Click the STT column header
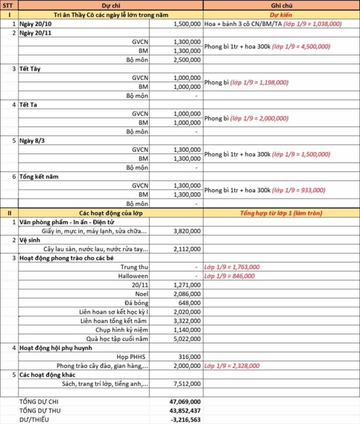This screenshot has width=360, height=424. pyautogui.click(x=10, y=5)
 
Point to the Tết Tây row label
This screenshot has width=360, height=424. pyautogui.click(x=33, y=69)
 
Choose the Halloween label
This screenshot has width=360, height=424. pyautogui.click(x=133, y=276)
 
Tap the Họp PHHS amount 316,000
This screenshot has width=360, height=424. pyautogui.click(x=188, y=357)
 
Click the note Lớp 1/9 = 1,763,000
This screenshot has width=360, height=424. pyautogui.click(x=232, y=267)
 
